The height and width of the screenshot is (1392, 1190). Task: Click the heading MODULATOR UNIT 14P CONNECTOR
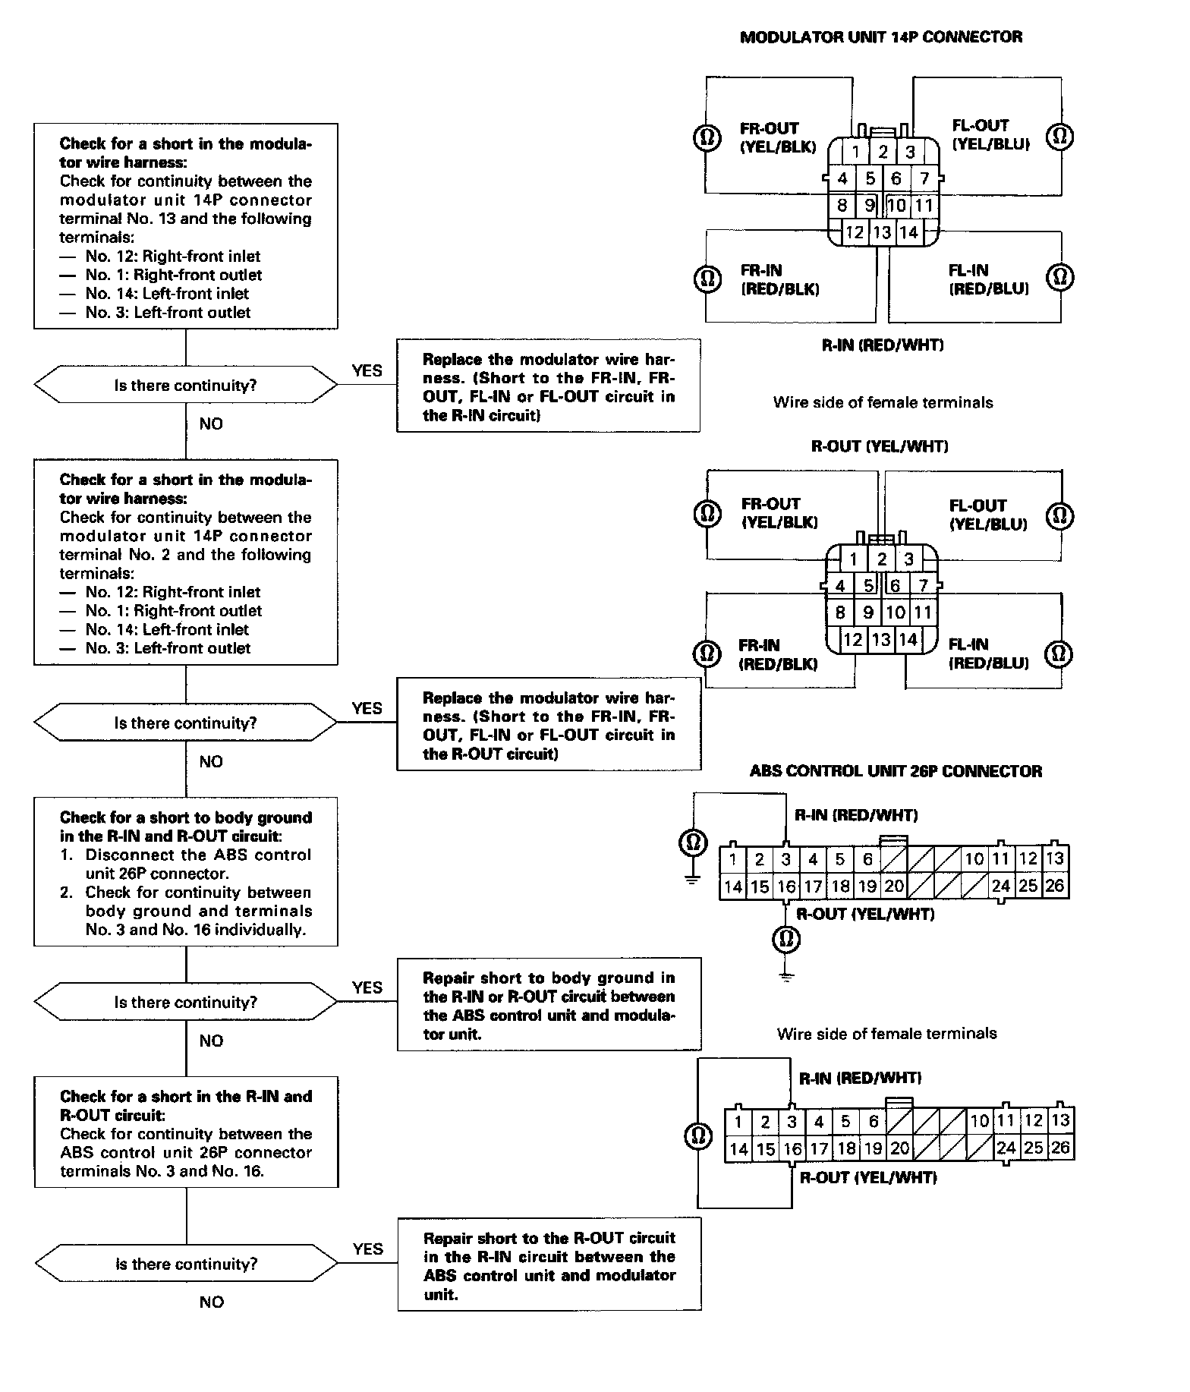pos(880,37)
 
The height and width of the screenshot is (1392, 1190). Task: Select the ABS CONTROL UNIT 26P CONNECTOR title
pos(896,771)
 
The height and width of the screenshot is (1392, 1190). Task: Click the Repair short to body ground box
pos(549,1004)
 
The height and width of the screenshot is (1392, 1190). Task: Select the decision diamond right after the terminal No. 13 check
pos(186,386)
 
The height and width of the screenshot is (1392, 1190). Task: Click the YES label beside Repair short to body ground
pos(367,987)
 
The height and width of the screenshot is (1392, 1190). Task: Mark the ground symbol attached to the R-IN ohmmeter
pos(691,880)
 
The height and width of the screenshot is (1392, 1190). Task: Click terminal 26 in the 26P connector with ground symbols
pos(1055,886)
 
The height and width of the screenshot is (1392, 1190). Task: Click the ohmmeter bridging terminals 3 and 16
pos(698,1135)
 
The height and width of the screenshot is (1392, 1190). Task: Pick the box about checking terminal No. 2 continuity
pos(186,562)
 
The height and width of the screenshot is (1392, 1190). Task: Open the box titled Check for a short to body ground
pos(186,871)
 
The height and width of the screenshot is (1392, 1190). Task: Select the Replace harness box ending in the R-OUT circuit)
pos(549,725)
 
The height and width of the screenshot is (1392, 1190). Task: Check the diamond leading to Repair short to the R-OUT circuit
pos(186,1264)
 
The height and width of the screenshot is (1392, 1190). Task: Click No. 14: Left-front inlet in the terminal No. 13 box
pos(167,294)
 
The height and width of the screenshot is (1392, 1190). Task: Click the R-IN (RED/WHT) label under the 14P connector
pos(883,345)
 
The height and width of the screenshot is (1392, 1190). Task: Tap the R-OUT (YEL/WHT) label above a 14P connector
pos(880,446)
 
